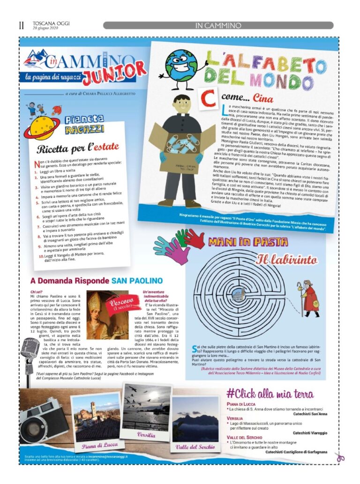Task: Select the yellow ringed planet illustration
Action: tap(43, 128)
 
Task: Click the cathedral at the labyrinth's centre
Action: tap(239, 295)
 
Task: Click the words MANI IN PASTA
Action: tap(248, 242)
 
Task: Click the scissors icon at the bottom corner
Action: tap(339, 457)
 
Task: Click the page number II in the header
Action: tap(21, 25)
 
